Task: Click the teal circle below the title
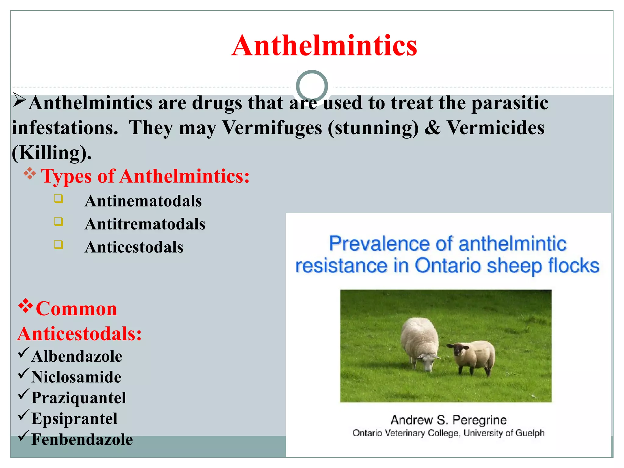[312, 86]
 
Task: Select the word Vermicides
[495, 128]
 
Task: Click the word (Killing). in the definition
[51, 153]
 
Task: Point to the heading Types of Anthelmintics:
[145, 176]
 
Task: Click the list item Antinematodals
[143, 201]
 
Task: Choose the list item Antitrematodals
[145, 224]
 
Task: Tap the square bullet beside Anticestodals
[58, 245]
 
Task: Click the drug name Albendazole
[77, 356]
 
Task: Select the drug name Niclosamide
[76, 377]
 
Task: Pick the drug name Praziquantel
[79, 398]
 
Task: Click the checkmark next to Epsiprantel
[23, 415]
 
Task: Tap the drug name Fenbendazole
[82, 440]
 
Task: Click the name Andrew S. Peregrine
[448, 420]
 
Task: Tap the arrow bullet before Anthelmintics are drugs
[19, 100]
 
